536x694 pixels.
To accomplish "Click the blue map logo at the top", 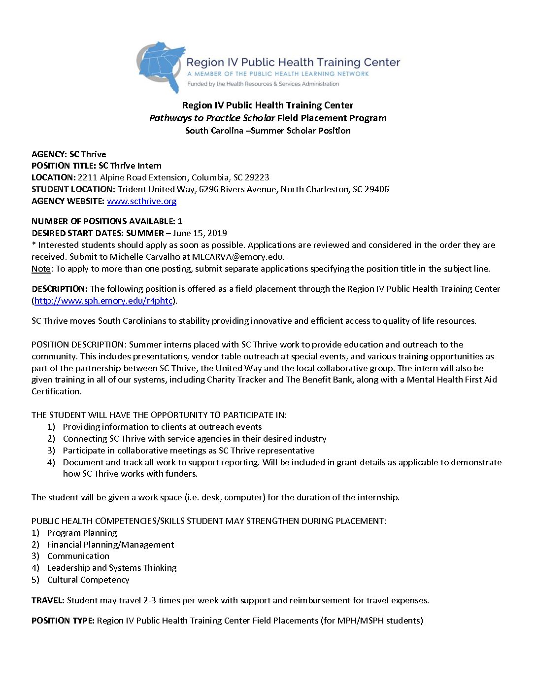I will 161,66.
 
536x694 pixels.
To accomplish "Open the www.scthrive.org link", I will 141,201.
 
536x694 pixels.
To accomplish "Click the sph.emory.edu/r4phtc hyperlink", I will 103,301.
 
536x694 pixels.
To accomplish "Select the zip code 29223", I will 257,177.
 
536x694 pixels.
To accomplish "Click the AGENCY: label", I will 49,154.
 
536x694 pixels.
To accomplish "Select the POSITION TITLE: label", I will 64,166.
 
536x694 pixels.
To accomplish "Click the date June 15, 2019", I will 200,233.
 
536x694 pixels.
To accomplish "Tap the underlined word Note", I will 40,269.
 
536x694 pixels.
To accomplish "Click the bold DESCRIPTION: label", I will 60,289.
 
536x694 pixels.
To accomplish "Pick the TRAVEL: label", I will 48,600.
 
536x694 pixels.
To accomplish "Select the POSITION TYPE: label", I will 63,621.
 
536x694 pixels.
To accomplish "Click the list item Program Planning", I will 82,533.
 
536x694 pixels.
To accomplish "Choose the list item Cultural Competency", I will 88,580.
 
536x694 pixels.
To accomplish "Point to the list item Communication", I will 78,556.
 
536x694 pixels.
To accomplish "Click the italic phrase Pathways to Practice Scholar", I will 212,118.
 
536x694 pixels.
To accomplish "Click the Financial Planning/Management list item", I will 110,545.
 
